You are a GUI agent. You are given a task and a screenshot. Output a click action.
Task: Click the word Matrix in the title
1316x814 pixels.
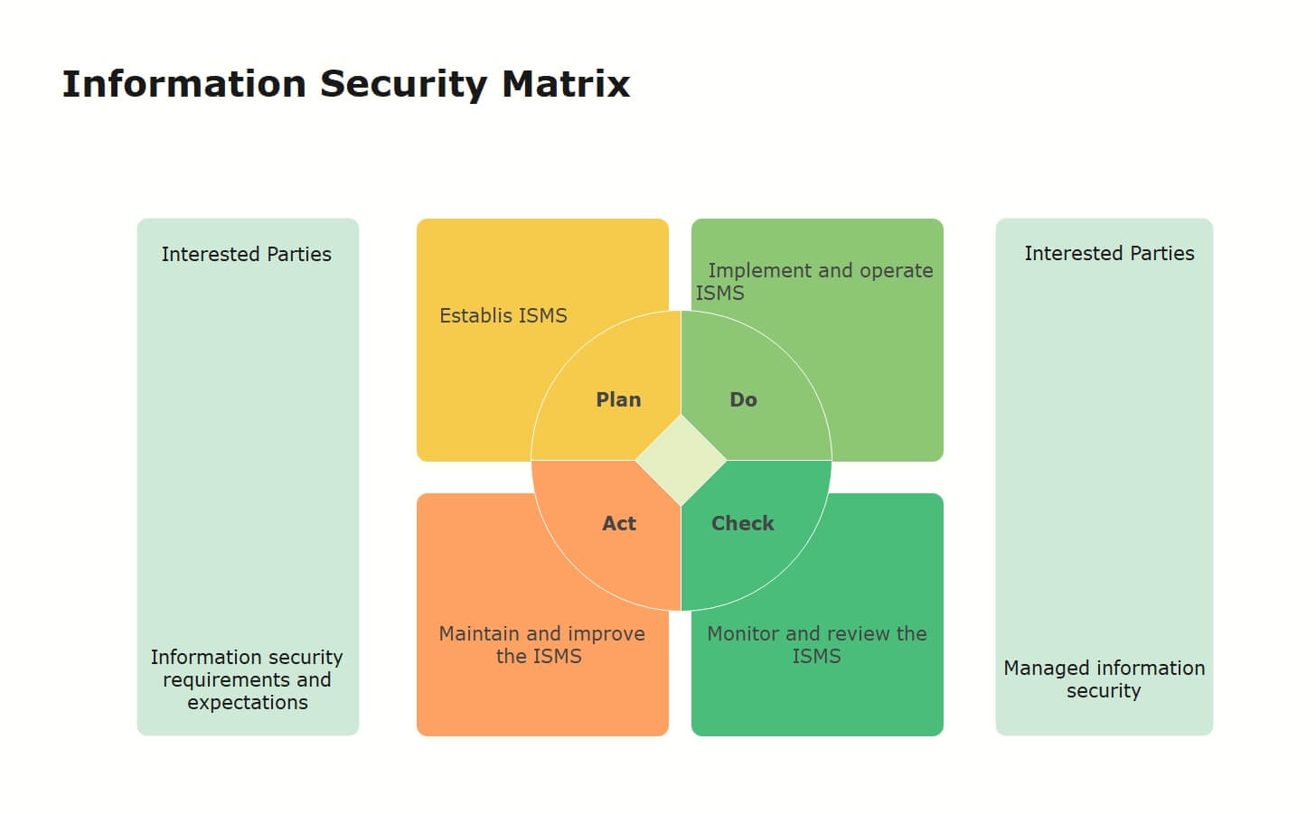pos(566,84)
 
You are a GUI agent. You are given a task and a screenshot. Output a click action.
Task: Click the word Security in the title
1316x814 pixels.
pos(404,85)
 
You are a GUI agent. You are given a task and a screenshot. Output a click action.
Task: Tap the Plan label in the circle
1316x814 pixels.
pos(618,400)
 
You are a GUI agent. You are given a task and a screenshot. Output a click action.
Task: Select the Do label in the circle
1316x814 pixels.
pos(743,400)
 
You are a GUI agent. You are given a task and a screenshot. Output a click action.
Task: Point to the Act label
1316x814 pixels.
pos(619,523)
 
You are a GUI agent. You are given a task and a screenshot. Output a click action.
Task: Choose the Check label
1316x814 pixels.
pos(743,523)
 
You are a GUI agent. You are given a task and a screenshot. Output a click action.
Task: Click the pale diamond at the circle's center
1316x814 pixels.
pos(681,461)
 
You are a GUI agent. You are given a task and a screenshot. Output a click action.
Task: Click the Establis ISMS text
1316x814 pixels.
pos(503,316)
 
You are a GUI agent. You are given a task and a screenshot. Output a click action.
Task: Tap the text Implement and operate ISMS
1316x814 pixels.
pos(814,282)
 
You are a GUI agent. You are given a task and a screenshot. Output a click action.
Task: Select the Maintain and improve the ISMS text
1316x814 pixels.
pos(541,645)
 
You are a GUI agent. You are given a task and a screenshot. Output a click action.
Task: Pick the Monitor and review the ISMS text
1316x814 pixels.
pos(817,645)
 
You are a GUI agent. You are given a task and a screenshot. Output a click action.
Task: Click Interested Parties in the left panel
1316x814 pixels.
pos(246,254)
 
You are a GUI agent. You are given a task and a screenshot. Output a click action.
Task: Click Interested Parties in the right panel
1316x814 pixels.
pos(1109,254)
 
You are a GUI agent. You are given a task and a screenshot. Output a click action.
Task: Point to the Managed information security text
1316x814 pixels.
pos(1104,679)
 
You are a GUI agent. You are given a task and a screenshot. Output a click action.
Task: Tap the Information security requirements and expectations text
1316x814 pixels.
pos(247,679)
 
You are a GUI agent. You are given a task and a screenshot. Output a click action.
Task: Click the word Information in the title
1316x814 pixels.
pos(184,84)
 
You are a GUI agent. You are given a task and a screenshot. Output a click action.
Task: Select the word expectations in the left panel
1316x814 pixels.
pos(248,703)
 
